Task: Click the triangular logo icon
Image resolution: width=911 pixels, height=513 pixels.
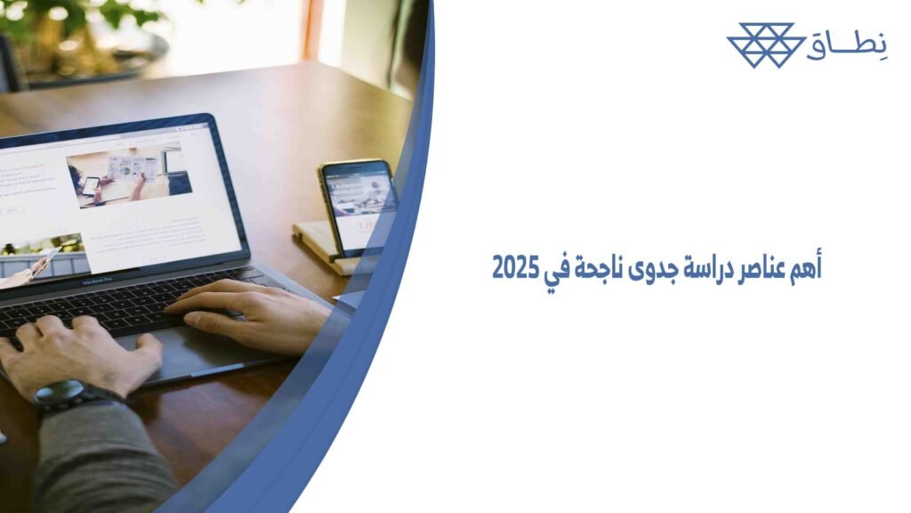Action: point(761,45)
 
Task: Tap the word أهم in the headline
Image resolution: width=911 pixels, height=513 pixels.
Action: point(805,269)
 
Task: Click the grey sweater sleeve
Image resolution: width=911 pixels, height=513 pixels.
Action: point(98,463)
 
